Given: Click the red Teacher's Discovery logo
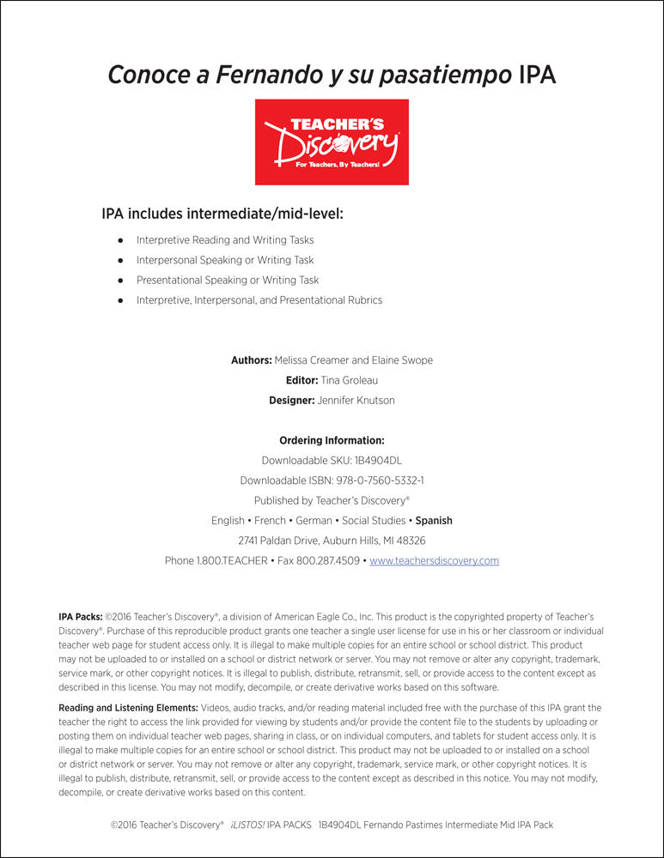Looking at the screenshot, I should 332,142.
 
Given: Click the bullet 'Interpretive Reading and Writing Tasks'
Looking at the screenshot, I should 225,240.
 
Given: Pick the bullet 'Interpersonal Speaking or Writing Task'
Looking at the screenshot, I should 225,260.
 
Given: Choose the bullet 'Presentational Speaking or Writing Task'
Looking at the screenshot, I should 228,280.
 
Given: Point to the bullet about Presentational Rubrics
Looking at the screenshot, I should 259,300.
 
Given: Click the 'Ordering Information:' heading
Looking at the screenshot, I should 332,440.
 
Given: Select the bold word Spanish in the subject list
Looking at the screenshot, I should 434,521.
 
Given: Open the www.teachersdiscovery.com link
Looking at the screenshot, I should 434,561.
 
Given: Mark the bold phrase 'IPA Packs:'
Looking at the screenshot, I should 81,617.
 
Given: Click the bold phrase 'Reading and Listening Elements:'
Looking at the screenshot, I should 127,708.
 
